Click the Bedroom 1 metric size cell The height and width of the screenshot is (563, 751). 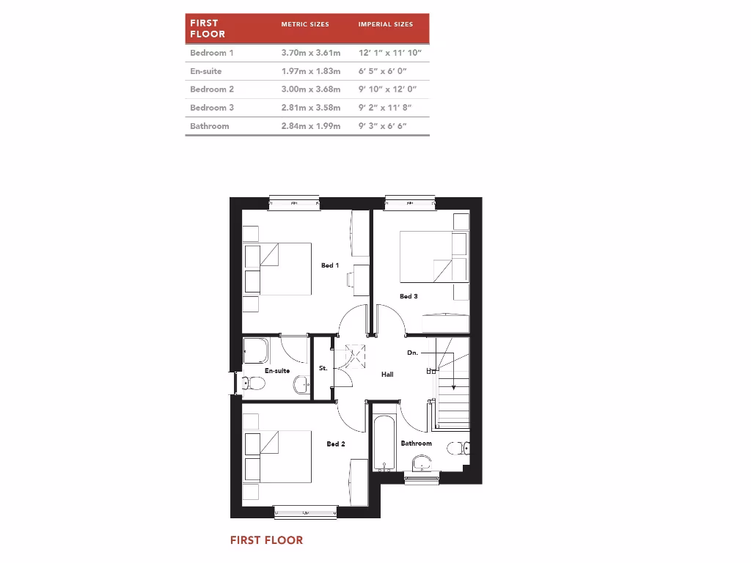click(x=310, y=53)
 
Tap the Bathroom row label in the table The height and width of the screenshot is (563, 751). click(x=209, y=126)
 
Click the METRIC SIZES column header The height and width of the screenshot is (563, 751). click(x=305, y=24)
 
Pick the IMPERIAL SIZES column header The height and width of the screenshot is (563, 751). click(x=385, y=24)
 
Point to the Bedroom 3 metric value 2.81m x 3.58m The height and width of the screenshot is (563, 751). click(x=310, y=108)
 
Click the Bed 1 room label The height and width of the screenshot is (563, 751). click(x=330, y=265)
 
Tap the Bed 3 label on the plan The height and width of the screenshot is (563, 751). click(x=409, y=296)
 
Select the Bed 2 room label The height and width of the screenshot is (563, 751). click(x=335, y=444)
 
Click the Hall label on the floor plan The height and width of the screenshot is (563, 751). click(x=387, y=374)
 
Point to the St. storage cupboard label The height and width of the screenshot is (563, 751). click(x=323, y=368)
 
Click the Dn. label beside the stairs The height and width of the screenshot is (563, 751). click(x=413, y=353)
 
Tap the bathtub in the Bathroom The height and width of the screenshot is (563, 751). click(x=384, y=444)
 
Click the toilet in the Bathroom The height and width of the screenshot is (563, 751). click(x=461, y=449)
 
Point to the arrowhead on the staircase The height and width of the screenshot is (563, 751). click(x=453, y=387)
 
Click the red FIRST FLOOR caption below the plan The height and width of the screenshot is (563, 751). click(x=266, y=540)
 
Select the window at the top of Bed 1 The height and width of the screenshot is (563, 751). click(x=294, y=203)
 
